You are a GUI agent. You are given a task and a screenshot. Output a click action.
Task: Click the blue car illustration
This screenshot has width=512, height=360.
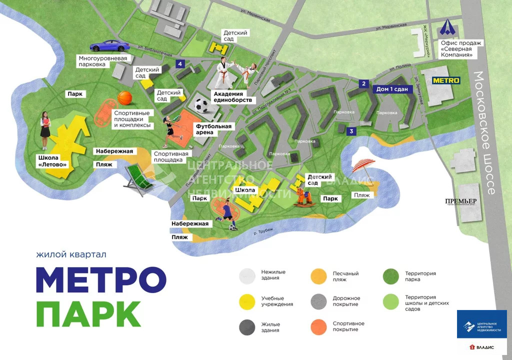[109, 45]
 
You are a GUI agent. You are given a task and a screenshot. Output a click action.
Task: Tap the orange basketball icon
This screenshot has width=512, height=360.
[124, 97]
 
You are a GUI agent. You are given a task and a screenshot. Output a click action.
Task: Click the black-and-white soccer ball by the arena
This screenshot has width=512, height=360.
[201, 105]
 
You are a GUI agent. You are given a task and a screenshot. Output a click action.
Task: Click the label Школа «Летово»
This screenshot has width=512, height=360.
[52, 160]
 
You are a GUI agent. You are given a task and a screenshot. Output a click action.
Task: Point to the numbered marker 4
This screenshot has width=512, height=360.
[180, 63]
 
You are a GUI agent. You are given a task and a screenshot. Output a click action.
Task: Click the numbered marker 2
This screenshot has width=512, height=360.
[364, 84]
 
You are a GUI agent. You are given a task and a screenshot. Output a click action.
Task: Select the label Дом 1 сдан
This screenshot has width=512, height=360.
[392, 89]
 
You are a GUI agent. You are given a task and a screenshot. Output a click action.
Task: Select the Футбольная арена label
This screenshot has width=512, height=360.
[213, 129]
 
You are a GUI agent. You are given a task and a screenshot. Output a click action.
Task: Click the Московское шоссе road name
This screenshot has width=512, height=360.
[484, 133]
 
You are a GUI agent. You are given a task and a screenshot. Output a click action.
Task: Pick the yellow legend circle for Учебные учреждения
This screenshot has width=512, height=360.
[247, 301]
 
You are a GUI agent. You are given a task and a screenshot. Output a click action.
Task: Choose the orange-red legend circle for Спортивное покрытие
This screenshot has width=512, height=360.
[318, 326]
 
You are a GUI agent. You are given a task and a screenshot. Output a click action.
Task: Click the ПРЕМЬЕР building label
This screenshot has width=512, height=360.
[460, 201]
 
